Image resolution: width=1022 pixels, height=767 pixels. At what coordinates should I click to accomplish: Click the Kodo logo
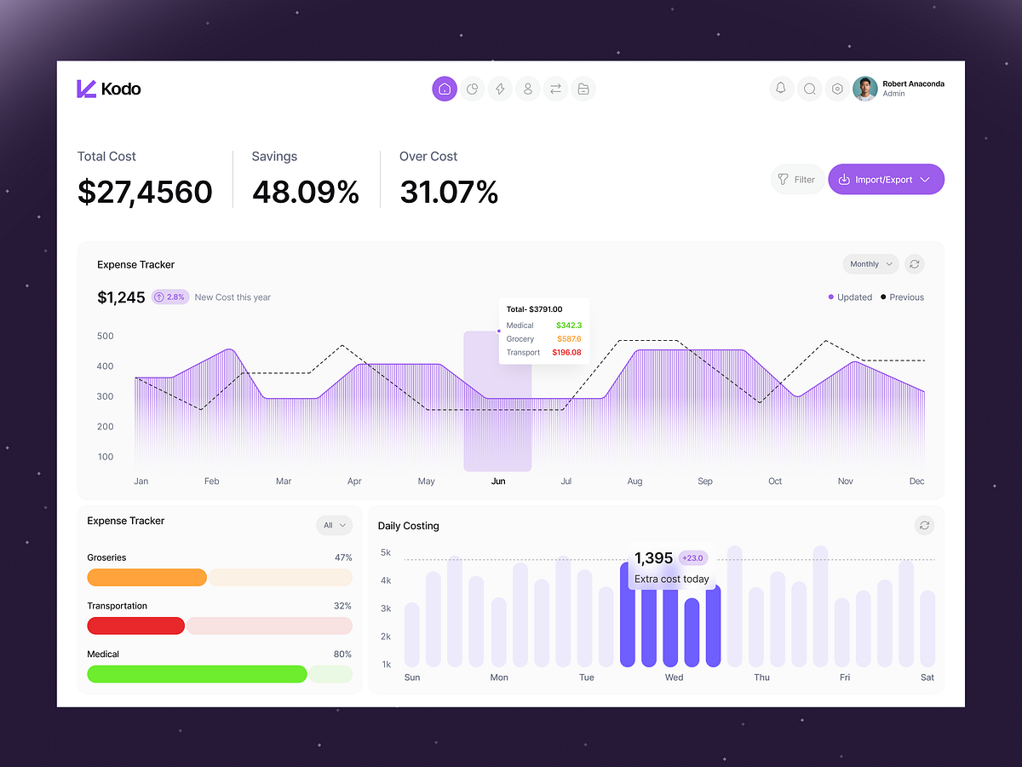click(108, 89)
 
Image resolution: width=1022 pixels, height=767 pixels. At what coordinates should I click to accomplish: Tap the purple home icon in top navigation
click(445, 89)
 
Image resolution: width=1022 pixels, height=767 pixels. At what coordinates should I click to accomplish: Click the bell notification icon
click(781, 89)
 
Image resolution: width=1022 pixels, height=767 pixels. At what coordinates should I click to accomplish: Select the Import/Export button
click(886, 180)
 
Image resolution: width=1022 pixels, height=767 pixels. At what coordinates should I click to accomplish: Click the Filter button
click(796, 180)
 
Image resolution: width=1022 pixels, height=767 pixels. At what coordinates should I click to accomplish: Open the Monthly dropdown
click(870, 264)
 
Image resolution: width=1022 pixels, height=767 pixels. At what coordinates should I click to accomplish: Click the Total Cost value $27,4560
click(145, 192)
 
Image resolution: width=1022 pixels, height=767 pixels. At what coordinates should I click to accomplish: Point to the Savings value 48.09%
click(305, 192)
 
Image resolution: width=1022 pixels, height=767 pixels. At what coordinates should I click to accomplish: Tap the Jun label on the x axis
click(498, 482)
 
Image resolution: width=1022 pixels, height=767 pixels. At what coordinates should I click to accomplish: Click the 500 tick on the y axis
click(105, 336)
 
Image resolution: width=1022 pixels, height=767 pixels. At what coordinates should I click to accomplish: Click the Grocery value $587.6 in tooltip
click(568, 339)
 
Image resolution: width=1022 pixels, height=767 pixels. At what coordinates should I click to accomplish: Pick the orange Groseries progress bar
click(146, 577)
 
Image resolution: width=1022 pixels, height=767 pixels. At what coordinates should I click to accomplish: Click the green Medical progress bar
click(197, 674)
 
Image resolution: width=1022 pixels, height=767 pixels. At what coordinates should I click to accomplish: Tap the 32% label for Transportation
click(342, 606)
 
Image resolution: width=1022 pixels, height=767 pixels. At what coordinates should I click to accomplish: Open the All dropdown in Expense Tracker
click(334, 526)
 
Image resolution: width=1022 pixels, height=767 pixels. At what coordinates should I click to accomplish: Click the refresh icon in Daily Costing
click(924, 526)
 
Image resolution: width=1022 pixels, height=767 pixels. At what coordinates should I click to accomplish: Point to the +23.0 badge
click(693, 558)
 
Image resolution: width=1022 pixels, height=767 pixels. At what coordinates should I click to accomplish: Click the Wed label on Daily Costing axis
click(674, 678)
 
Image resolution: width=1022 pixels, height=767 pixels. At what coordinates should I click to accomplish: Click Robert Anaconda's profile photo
click(864, 89)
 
